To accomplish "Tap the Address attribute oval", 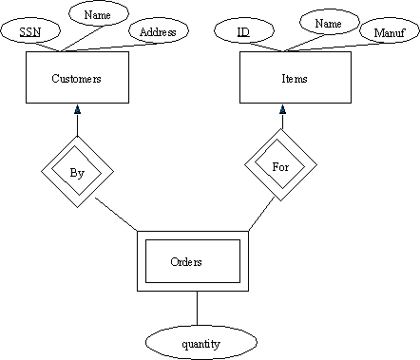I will point(158,32).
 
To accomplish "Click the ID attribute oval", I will point(243,32).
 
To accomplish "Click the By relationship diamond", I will point(77,172).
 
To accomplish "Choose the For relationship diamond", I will point(281,165).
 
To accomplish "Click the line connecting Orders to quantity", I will point(198,308).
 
